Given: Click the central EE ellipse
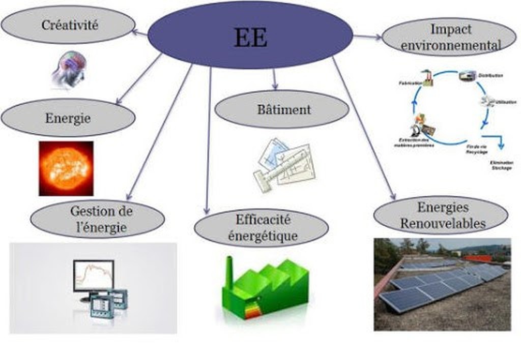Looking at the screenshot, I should point(250,35).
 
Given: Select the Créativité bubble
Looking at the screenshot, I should point(68,24).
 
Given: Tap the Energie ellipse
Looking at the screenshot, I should point(68,118).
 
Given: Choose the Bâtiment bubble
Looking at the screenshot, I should point(282,109).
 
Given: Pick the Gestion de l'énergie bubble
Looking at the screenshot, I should point(97,219).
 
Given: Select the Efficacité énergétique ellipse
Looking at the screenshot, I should point(262,227).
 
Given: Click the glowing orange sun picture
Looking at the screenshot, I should point(66,168).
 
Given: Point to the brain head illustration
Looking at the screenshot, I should point(70,69).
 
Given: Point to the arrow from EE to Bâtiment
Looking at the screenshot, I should point(275,79).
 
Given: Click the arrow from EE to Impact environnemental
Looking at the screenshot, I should point(367,37).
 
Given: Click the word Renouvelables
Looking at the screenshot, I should point(443,223).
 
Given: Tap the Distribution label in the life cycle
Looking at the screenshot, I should point(490,76).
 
